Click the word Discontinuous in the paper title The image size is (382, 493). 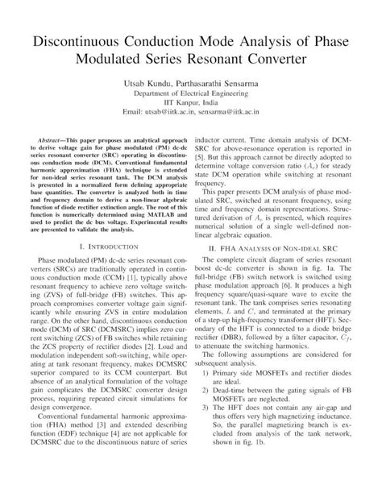pos(77,40)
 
